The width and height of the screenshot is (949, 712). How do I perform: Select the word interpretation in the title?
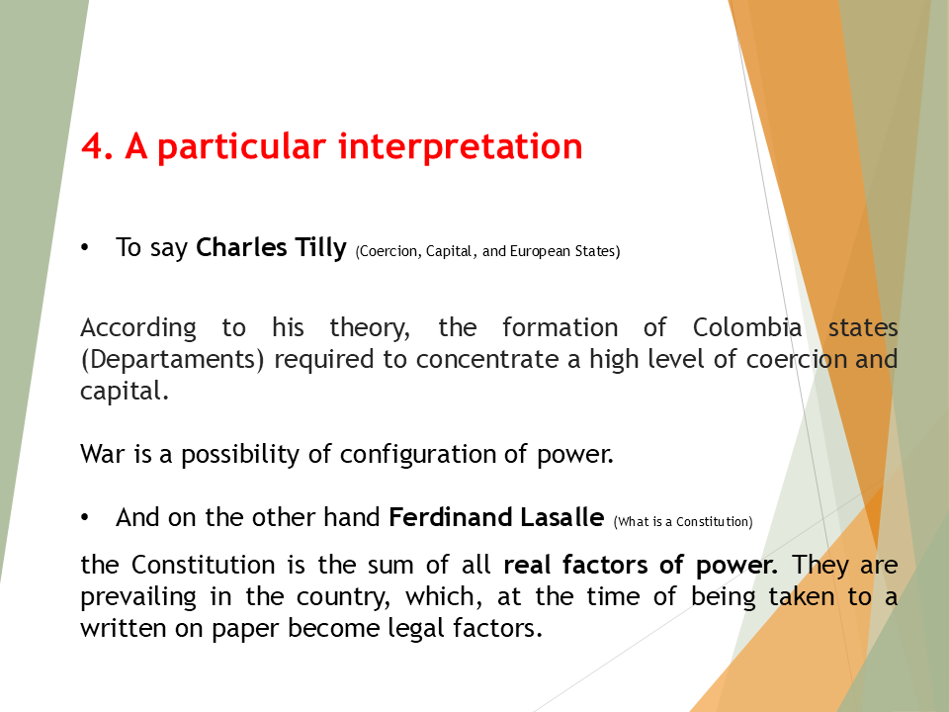pyautogui.click(x=461, y=146)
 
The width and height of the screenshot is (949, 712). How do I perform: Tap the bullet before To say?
pyautogui.click(x=85, y=247)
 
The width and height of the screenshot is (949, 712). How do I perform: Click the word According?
pyautogui.click(x=137, y=327)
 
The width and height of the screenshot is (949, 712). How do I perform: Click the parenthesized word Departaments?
pyautogui.click(x=173, y=358)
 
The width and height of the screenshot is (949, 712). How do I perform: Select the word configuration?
pyautogui.click(x=405, y=455)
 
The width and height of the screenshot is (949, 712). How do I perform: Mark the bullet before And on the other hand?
pyautogui.click(x=85, y=517)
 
